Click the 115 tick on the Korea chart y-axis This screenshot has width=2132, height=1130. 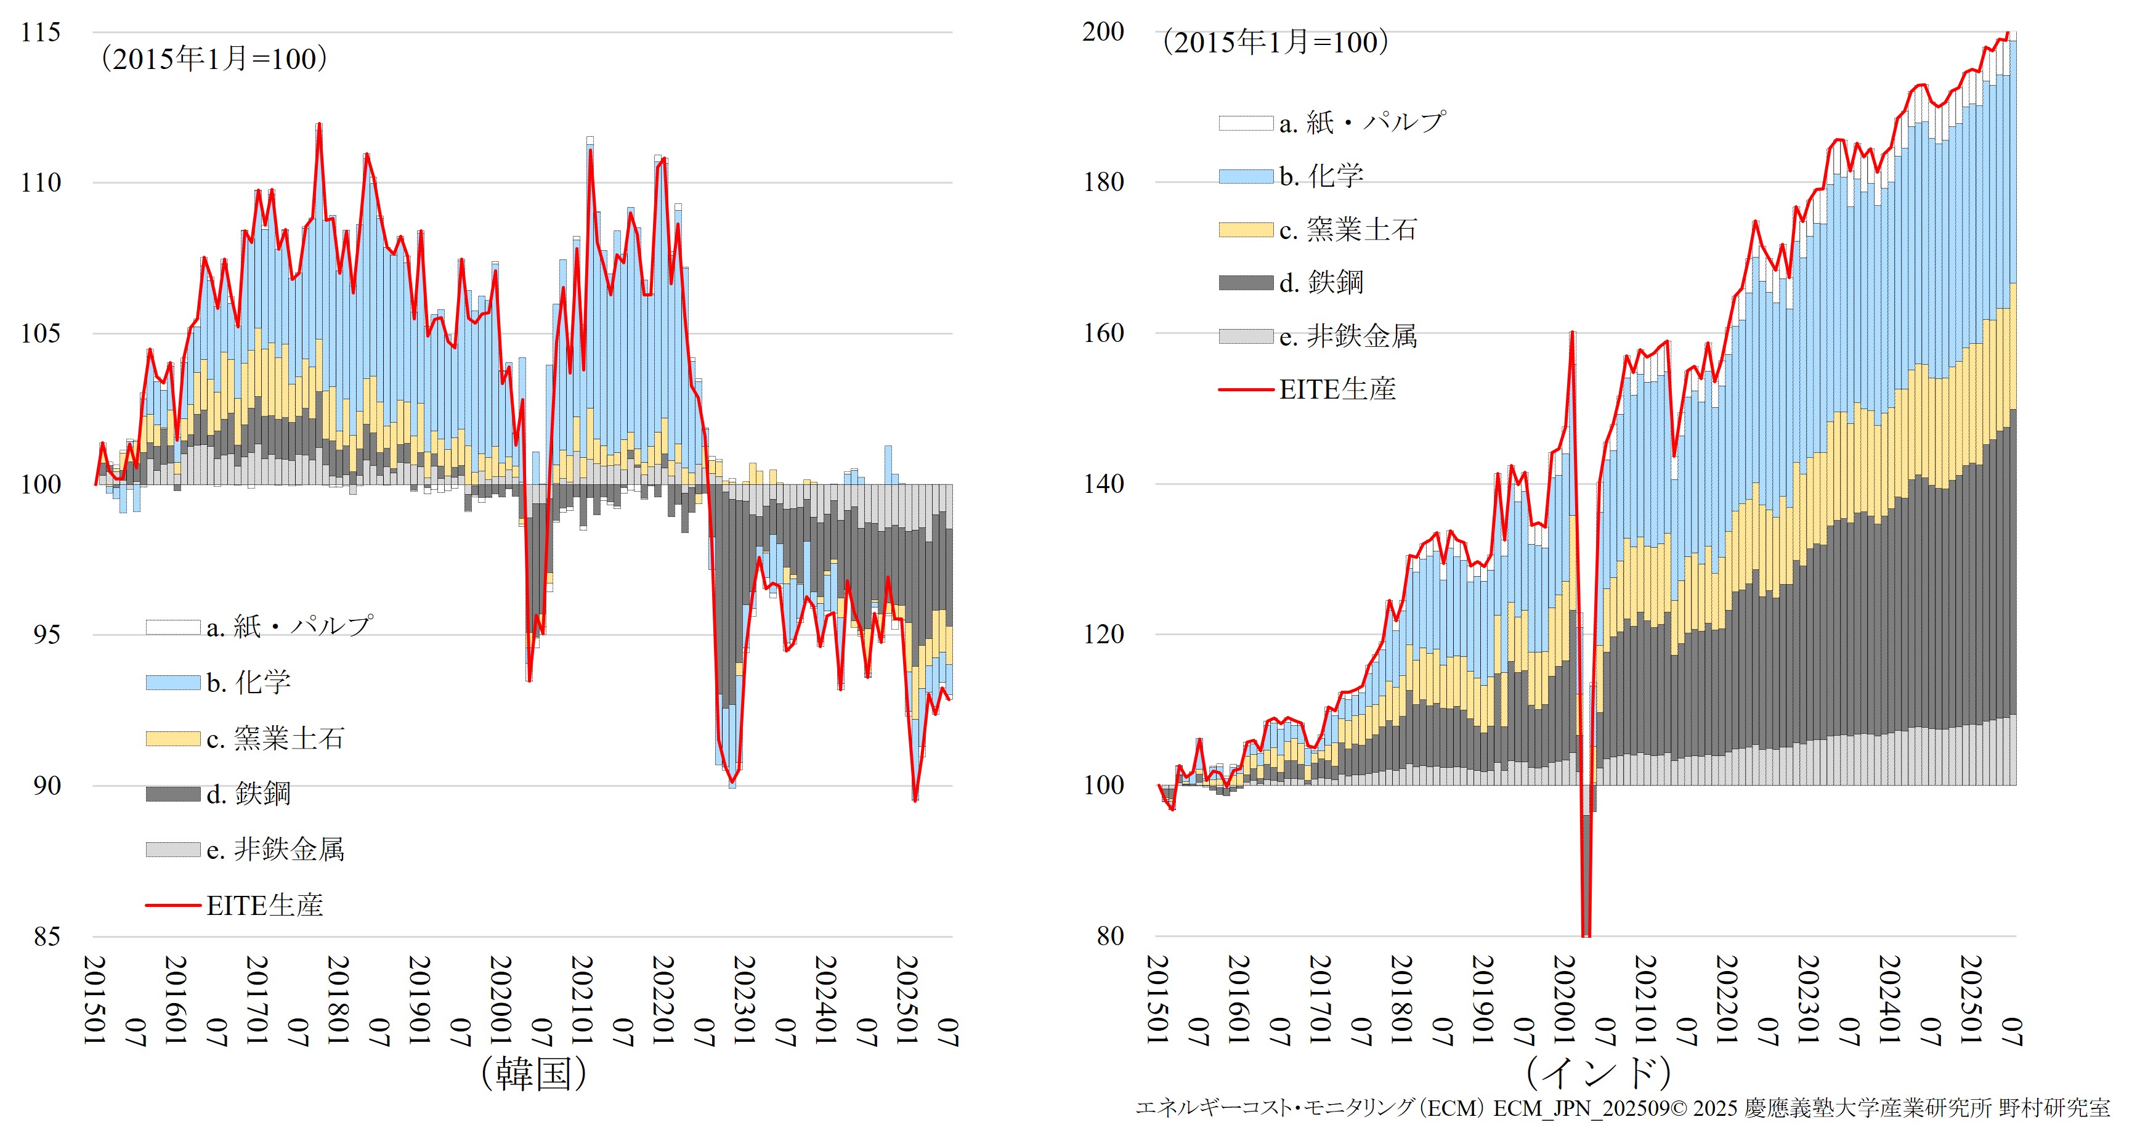[41, 33]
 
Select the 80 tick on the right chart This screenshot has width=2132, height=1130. [1110, 937]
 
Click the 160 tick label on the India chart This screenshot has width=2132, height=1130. [1103, 333]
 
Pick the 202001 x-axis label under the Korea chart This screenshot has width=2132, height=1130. [501, 1000]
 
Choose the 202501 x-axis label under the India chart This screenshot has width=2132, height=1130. [1971, 1000]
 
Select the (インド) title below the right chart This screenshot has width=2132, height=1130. [1597, 1075]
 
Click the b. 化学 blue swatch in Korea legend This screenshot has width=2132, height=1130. [173, 683]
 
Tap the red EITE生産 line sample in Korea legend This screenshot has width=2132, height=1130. [173, 906]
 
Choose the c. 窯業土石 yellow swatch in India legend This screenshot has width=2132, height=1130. [1246, 230]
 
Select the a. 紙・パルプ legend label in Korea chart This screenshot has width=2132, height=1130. [290, 627]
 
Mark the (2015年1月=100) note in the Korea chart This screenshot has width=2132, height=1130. [214, 59]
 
